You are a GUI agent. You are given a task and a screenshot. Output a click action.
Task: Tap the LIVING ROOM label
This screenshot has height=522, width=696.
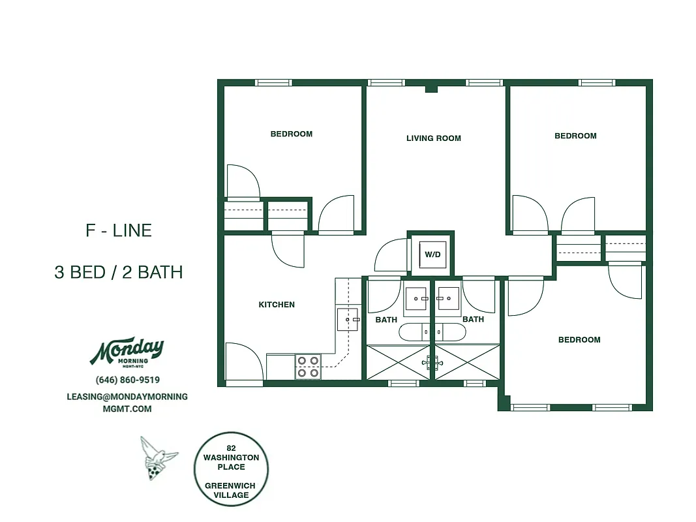pyautogui.click(x=433, y=138)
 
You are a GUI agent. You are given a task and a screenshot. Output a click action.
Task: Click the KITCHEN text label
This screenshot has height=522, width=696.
pyautogui.click(x=277, y=305)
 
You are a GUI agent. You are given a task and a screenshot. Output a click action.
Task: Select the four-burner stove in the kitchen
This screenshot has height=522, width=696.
pyautogui.click(x=308, y=366)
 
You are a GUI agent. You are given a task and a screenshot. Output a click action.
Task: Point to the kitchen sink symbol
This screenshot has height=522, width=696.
pyautogui.click(x=347, y=320)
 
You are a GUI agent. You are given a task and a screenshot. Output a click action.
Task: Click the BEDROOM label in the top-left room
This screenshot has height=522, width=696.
pyautogui.click(x=292, y=134)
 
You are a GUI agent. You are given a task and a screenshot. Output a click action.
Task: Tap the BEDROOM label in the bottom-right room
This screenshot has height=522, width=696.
pyautogui.click(x=579, y=340)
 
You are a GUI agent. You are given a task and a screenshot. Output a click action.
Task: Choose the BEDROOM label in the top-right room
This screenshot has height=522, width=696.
pyautogui.click(x=575, y=136)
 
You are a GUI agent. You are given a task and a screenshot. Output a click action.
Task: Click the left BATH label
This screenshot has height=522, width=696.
pyautogui.click(x=386, y=320)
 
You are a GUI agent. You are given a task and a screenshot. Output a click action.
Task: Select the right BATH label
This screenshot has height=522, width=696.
pyautogui.click(x=473, y=320)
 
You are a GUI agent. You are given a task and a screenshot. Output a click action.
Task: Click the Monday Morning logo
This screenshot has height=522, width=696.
pyautogui.click(x=127, y=353)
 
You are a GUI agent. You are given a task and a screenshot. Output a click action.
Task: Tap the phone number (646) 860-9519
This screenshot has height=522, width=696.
pyautogui.click(x=127, y=380)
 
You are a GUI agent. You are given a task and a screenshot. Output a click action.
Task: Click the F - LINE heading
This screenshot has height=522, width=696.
pyautogui.click(x=119, y=230)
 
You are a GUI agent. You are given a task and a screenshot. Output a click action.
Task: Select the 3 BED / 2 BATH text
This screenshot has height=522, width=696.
pyautogui.click(x=119, y=272)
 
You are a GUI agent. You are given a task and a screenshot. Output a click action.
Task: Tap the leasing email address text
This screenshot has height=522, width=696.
pyautogui.click(x=127, y=403)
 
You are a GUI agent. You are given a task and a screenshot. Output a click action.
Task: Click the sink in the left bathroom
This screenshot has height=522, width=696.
pyautogui.click(x=416, y=298)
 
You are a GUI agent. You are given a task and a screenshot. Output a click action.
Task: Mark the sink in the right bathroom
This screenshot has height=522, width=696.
pyautogui.click(x=448, y=298)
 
